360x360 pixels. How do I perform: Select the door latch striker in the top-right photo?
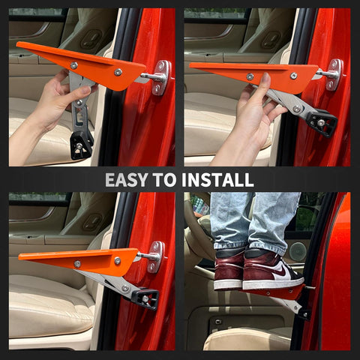click(x=332, y=74)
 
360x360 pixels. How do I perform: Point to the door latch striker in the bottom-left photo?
click(x=154, y=256)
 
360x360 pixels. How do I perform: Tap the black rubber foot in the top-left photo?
click(x=80, y=143)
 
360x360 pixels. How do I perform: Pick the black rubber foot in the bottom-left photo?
click(x=145, y=298)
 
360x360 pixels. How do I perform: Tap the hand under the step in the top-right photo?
click(x=251, y=112)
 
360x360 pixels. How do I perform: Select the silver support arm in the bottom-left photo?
click(x=112, y=283)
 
